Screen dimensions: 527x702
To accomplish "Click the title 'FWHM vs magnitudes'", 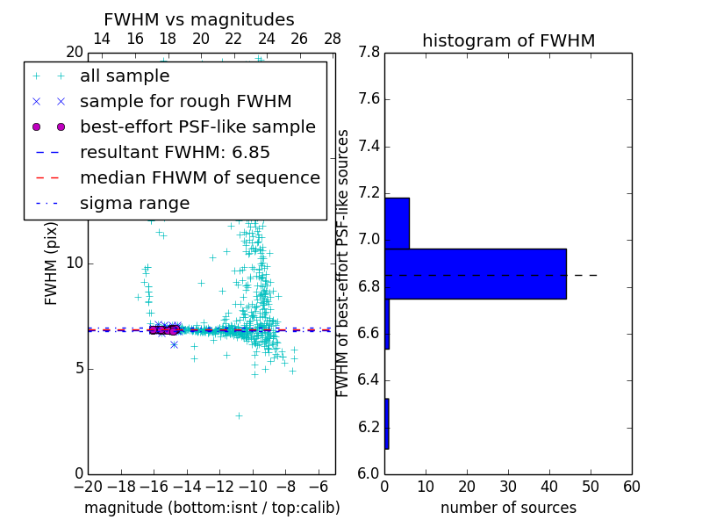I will coord(198,19).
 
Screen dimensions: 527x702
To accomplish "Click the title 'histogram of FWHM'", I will coord(508,40).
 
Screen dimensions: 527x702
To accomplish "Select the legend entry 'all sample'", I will coord(125,76).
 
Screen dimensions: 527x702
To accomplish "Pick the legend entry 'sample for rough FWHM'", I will coord(185,102).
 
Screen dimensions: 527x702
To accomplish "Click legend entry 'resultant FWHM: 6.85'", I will coord(175,153).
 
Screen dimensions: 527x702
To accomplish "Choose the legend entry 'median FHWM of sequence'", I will coord(199,178).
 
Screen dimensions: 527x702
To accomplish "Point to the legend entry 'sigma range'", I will coord(134,204).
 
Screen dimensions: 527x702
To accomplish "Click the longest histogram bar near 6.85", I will coord(475,274).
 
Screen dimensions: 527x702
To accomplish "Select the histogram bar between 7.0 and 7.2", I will coord(397,223).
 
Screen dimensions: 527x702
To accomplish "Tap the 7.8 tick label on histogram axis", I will coord(368,53).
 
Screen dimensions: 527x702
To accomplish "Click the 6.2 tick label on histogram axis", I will coord(368,428).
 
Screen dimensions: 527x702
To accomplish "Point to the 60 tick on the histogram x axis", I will coord(631,487).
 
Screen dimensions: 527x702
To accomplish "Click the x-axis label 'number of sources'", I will coord(508,508).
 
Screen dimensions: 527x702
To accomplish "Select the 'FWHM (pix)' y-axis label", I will coord(52,263).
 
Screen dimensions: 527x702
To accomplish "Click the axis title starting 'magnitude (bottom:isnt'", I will coord(211,508).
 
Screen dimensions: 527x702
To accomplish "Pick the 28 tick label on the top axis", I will coord(333,39).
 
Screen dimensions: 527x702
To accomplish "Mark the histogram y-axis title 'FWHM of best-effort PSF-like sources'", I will coord(344,263).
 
